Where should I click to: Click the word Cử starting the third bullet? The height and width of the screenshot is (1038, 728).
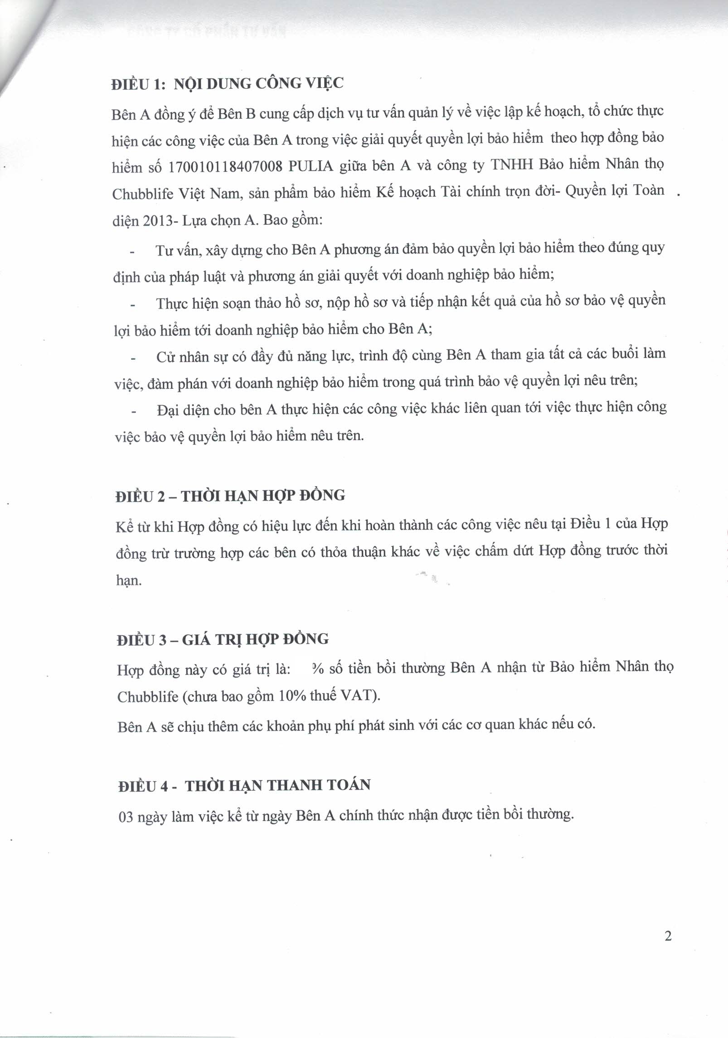point(163,357)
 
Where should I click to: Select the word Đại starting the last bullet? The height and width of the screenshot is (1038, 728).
point(166,410)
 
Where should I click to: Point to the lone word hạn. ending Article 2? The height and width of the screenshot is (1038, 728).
point(130,581)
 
